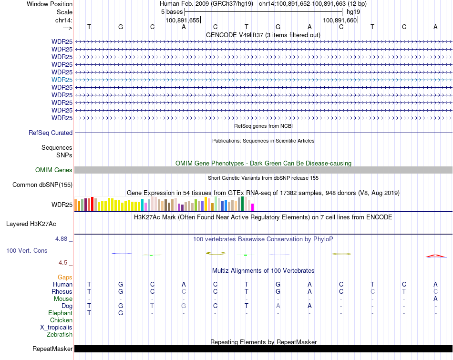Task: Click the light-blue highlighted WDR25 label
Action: (62, 80)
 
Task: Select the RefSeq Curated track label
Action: (51, 133)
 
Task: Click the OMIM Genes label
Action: (54, 170)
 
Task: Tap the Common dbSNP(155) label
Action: (42, 185)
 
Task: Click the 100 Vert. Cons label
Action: (27, 250)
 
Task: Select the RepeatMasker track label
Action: (52, 349)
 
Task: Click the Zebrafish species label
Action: (60, 335)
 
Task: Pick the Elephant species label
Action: (60, 313)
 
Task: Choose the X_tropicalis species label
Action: (56, 328)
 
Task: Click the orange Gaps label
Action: (65, 277)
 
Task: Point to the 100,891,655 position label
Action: (183, 21)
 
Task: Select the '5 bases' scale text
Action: (172, 11)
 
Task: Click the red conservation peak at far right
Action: (435, 256)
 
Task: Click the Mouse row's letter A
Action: (435, 299)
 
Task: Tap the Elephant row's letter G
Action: (121, 313)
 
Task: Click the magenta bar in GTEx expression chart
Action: (253, 207)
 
